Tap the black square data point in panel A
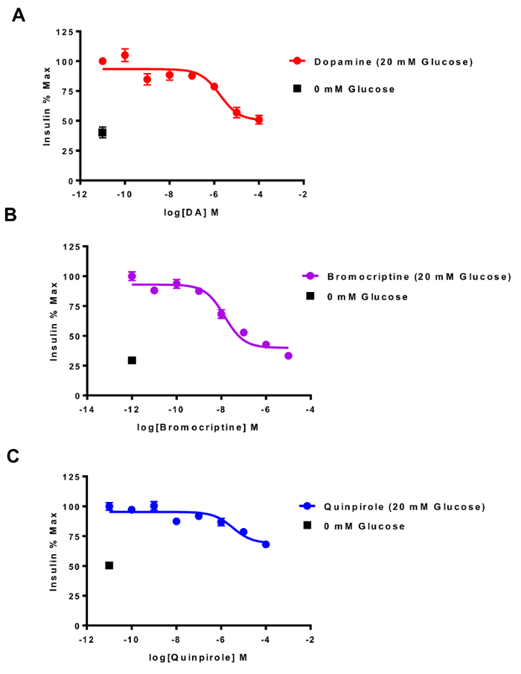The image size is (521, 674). [103, 133]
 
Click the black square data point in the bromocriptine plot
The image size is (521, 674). [132, 360]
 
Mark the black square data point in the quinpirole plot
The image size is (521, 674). [109, 565]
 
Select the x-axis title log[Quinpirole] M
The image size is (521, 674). [197, 657]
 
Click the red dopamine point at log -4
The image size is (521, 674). [259, 119]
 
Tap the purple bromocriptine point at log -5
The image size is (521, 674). [288, 356]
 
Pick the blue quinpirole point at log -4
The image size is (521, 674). [266, 544]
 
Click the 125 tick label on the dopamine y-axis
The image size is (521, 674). [67, 32]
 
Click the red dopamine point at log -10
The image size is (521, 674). [125, 55]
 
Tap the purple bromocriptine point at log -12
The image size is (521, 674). [132, 276]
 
